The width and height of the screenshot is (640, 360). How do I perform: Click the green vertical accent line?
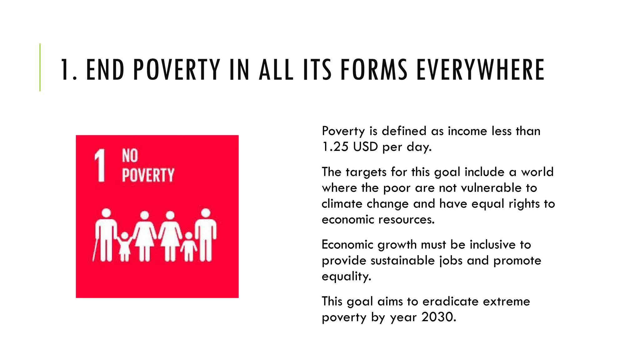click(x=40, y=67)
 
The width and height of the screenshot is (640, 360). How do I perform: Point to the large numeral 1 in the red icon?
click(x=100, y=165)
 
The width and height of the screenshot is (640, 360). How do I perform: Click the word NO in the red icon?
click(x=130, y=156)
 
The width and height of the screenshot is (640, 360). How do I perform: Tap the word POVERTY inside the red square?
click(x=148, y=175)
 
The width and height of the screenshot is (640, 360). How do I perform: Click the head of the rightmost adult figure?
click(x=206, y=213)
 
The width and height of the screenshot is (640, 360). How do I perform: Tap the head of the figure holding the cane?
click(x=107, y=213)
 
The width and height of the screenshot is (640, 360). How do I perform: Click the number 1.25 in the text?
click(x=335, y=147)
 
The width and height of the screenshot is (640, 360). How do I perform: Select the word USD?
click(x=366, y=147)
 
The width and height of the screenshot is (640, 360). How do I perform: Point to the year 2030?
click(x=439, y=317)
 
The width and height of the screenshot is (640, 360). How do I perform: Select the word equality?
click(x=346, y=277)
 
